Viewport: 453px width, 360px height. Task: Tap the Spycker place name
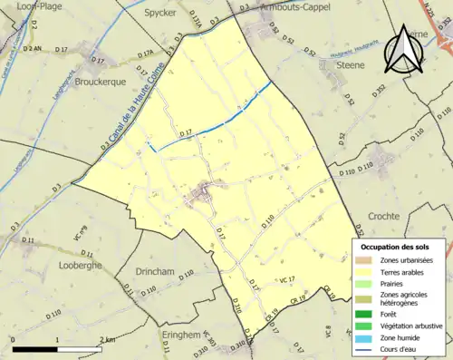pyautogui.click(x=160, y=14)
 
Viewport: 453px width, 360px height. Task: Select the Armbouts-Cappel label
pyautogui.click(x=295, y=6)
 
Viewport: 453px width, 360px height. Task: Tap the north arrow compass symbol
pyautogui.click(x=402, y=50)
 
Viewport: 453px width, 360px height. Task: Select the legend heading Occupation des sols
pyautogui.click(x=397, y=247)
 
